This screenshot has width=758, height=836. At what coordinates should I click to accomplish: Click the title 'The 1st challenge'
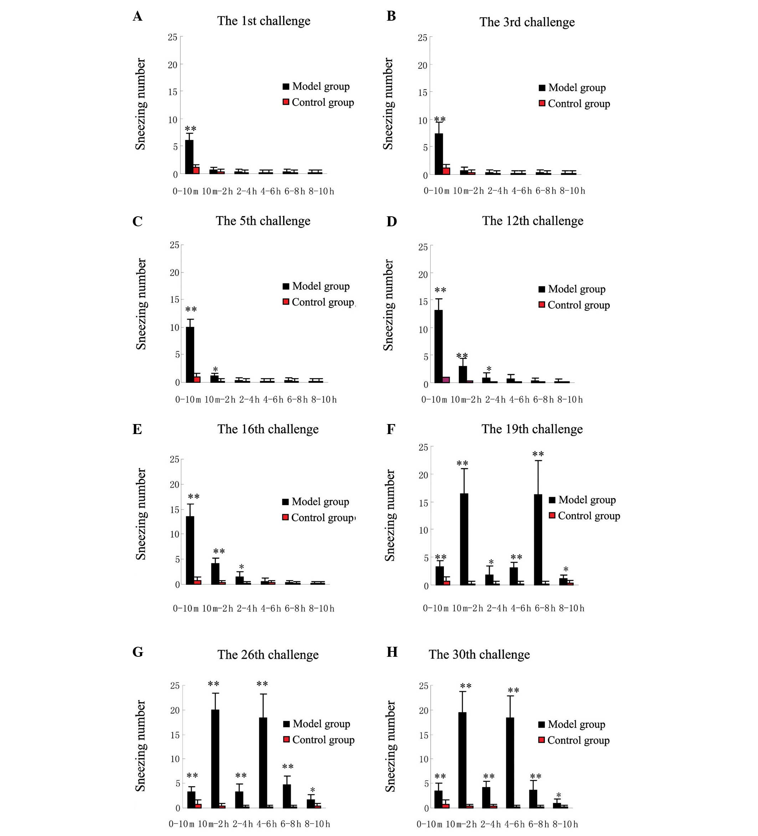(x=263, y=21)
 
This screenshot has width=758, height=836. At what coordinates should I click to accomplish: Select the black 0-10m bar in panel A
(x=189, y=157)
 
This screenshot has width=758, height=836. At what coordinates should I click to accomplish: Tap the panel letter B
(x=391, y=16)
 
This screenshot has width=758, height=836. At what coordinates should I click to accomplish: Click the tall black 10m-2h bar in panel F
(x=464, y=539)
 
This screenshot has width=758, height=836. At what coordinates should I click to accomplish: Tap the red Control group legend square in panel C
(x=286, y=301)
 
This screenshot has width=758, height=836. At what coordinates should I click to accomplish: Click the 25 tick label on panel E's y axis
(x=174, y=459)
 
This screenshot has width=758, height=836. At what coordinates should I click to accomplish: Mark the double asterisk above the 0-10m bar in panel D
(x=440, y=290)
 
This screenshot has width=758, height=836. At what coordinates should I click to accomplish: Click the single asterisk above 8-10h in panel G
(x=312, y=790)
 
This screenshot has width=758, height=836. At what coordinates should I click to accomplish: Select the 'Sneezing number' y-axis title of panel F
(x=390, y=515)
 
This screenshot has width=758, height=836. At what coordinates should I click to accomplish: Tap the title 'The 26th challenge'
(x=268, y=655)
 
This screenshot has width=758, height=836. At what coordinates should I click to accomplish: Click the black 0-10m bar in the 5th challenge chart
(x=190, y=354)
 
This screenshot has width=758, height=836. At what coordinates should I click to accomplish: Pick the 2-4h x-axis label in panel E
(x=247, y=608)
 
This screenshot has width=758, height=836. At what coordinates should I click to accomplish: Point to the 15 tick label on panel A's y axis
(x=173, y=92)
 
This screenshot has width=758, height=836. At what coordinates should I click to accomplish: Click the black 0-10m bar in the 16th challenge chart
(x=190, y=550)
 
